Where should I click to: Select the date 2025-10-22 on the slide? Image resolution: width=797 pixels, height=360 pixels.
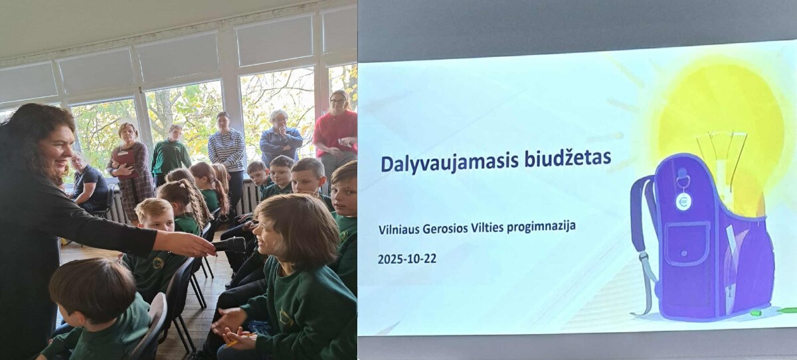(407, 258)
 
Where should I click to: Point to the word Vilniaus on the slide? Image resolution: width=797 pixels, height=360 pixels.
(398, 229)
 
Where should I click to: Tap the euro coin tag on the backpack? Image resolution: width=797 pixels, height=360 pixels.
(683, 202)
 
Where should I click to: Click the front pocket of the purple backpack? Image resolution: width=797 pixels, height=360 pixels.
(687, 244)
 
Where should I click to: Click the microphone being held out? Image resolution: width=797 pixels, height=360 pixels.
(229, 245)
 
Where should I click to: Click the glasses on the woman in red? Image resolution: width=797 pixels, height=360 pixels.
(338, 101)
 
